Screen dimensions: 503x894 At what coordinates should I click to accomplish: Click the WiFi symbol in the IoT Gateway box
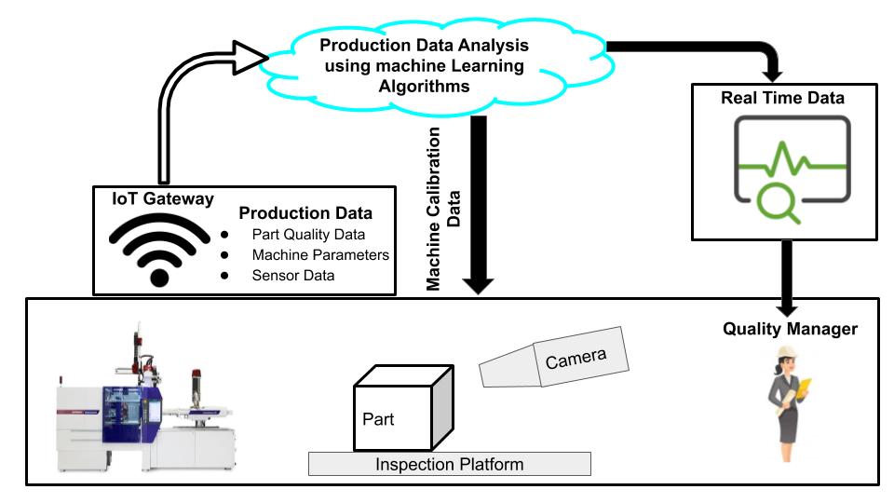pos(159,248)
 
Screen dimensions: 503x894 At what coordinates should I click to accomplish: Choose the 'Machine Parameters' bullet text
pos(320,254)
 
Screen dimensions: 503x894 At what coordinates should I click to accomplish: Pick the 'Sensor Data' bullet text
pos(292,276)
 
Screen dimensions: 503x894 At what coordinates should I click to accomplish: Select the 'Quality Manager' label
pos(791,328)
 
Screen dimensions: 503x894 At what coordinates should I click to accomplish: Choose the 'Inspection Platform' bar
pos(450,464)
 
